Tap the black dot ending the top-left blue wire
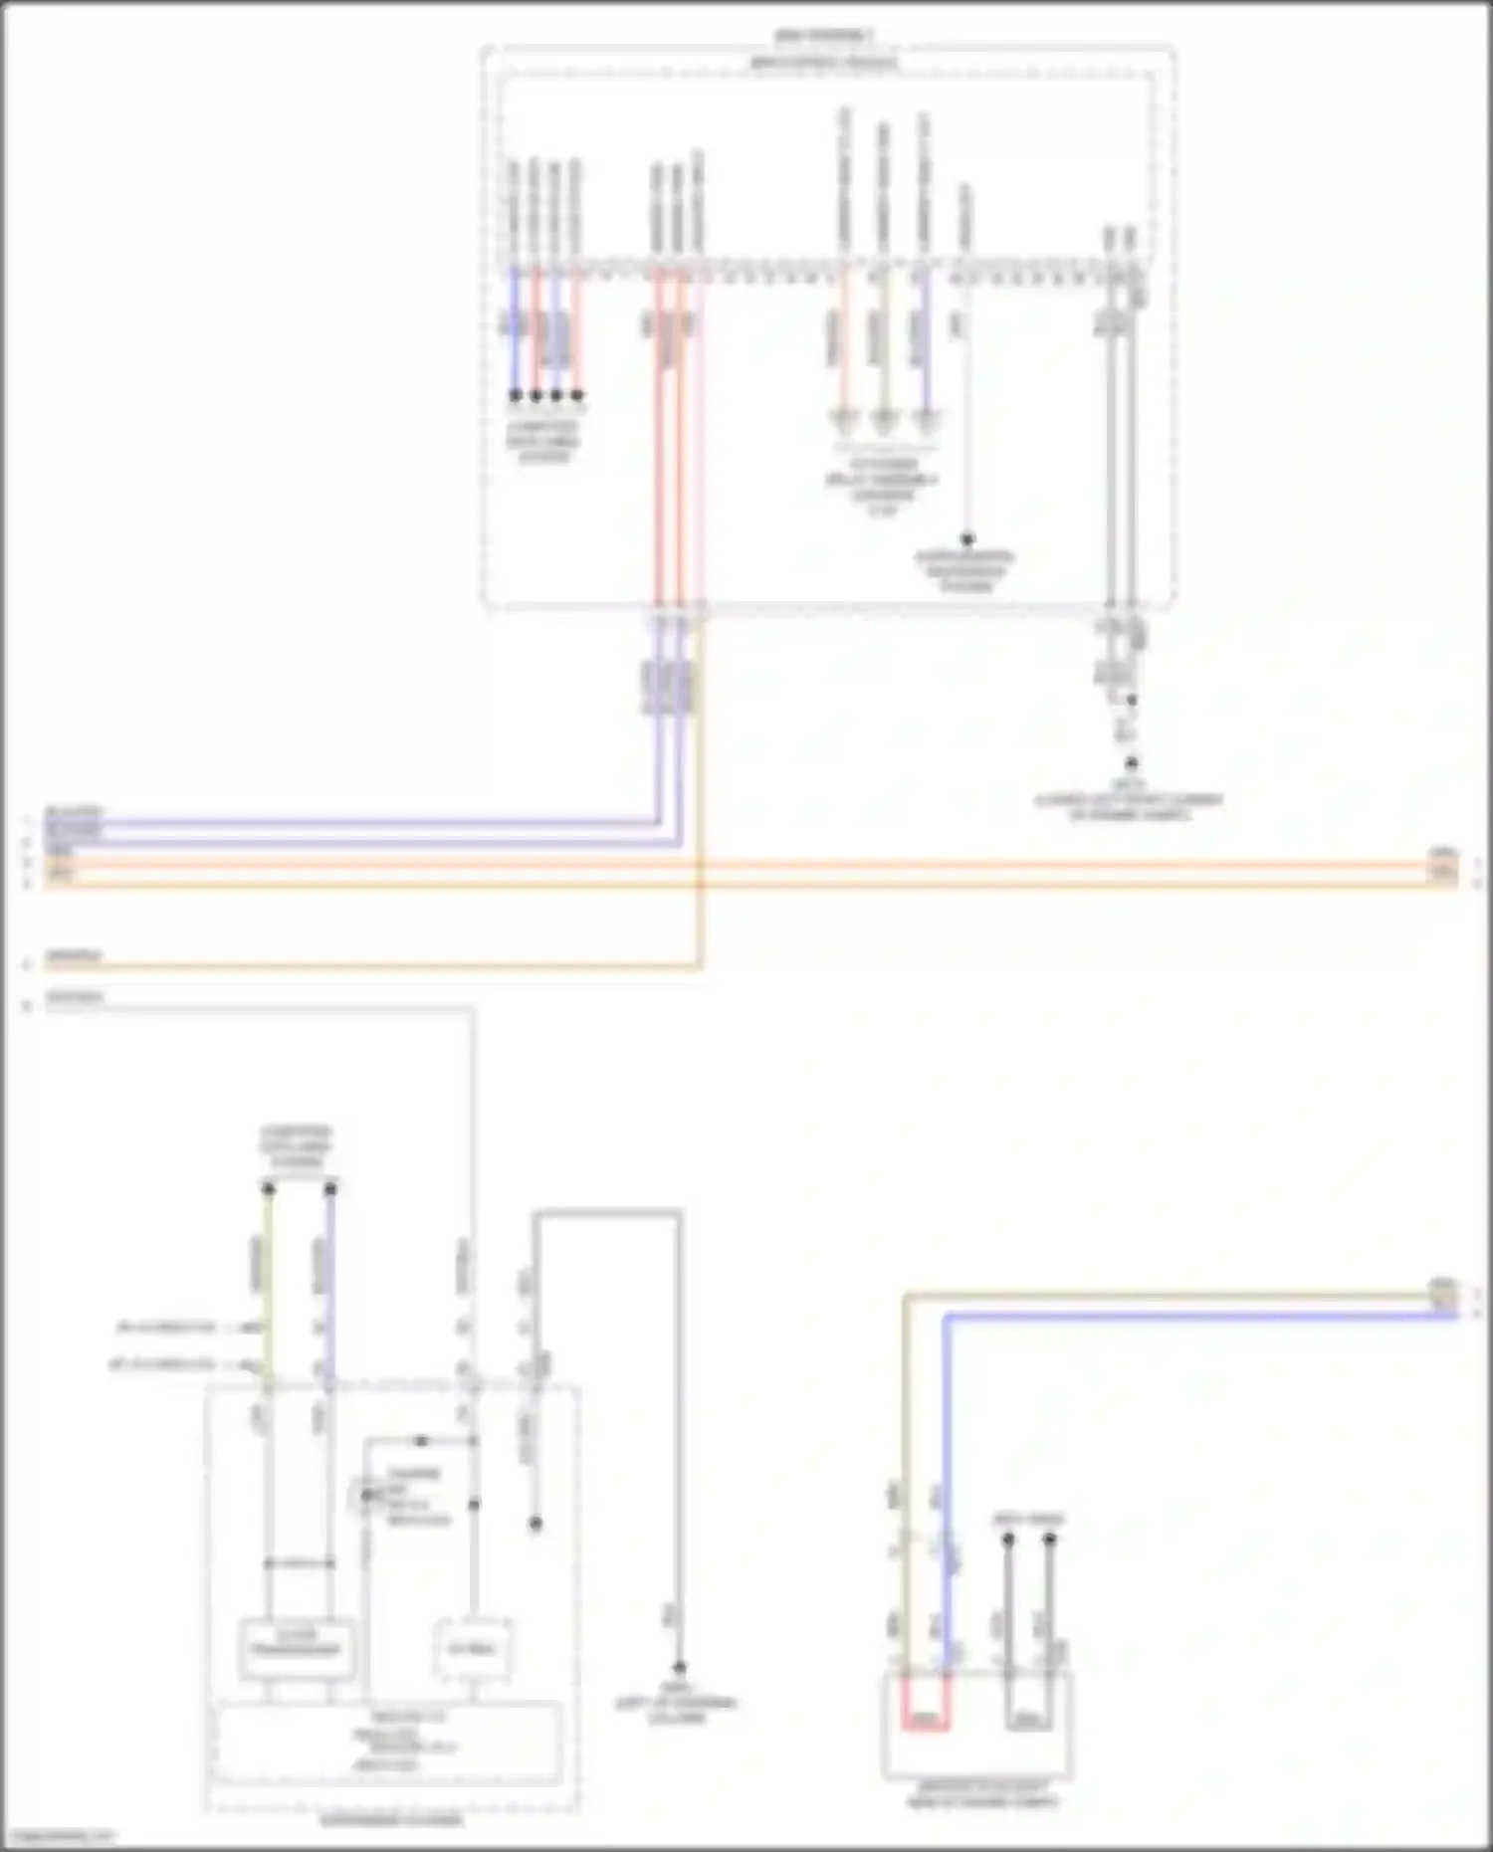515,395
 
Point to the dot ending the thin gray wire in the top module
966,539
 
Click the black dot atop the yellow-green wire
268,1188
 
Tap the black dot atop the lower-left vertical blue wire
330,1188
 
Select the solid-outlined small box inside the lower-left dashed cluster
297,1649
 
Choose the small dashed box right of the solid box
473,1649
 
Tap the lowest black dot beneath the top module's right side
1131,763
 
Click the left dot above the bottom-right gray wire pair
1008,1540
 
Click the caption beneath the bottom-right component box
981,1794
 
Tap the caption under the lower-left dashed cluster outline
391,1821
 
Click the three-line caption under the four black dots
543,442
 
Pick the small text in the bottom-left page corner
58,1836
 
